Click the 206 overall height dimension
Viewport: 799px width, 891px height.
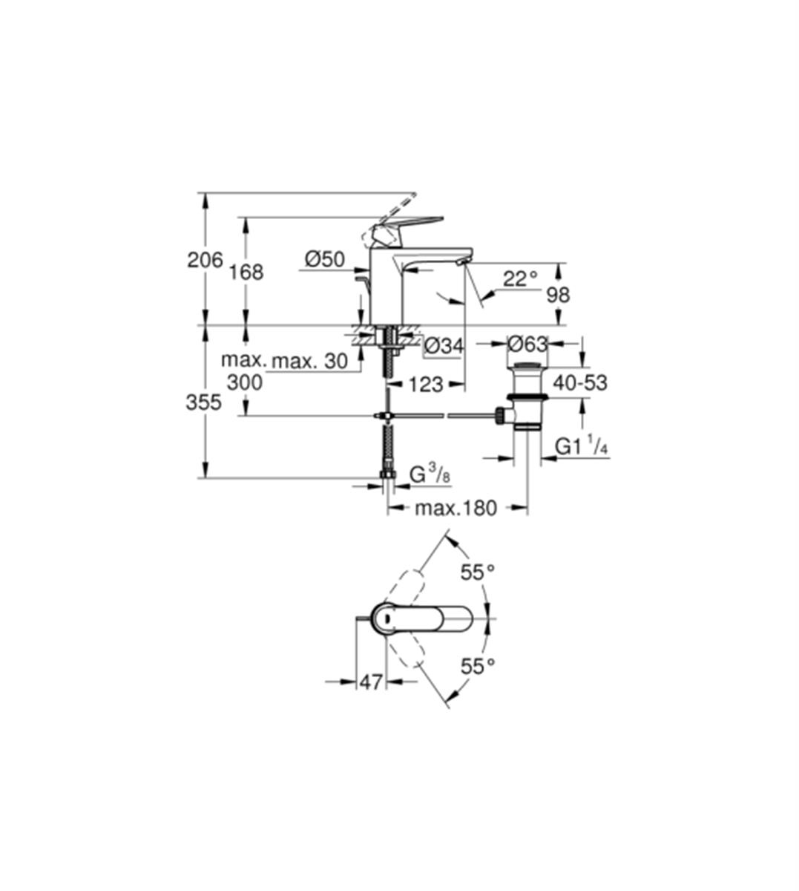pyautogui.click(x=205, y=260)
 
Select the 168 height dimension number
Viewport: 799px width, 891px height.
pyautogui.click(x=246, y=272)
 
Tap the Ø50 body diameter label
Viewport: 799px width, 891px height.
pyautogui.click(x=325, y=259)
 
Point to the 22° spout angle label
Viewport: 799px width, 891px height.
pyautogui.click(x=520, y=278)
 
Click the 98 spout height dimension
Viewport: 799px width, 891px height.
pyautogui.click(x=558, y=295)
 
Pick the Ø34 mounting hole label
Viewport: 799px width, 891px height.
pyautogui.click(x=444, y=346)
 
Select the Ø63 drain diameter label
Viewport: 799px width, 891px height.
pyautogui.click(x=527, y=344)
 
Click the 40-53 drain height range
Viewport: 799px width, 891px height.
pyautogui.click(x=579, y=382)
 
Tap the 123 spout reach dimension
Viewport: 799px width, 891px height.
pyautogui.click(x=426, y=385)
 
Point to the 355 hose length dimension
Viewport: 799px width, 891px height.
pyautogui.click(x=203, y=402)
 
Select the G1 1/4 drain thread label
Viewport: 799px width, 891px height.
pyautogui.click(x=581, y=447)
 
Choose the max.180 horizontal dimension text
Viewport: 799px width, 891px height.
pyautogui.click(x=456, y=509)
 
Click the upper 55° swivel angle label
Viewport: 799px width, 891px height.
pyautogui.click(x=478, y=572)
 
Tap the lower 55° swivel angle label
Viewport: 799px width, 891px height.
pyautogui.click(x=478, y=679)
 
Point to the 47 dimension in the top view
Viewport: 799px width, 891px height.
pyautogui.click(x=371, y=694)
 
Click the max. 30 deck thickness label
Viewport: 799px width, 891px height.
pyautogui.click(x=310, y=361)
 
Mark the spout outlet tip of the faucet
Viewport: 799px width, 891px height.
pyautogui.click(x=461, y=263)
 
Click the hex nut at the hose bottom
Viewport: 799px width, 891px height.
pyautogui.click(x=387, y=474)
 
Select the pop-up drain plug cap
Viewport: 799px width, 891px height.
pyautogui.click(x=527, y=366)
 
